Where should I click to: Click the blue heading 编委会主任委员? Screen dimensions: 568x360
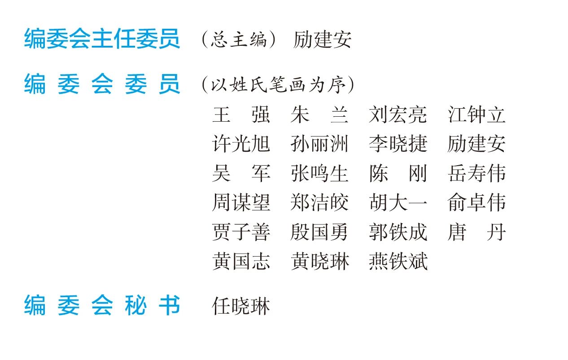[102, 39]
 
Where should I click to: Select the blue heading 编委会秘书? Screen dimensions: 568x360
[102, 306]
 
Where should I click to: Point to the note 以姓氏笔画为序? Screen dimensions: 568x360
[278, 84]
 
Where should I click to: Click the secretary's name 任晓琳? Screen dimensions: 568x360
[241, 306]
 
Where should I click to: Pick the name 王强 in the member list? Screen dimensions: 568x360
[241, 115]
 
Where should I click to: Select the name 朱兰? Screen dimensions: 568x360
[319, 115]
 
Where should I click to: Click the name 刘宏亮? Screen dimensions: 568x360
[398, 115]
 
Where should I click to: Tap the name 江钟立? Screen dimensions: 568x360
[476, 115]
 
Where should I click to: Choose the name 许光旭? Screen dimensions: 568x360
[241, 144]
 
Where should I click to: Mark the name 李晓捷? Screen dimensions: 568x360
[398, 144]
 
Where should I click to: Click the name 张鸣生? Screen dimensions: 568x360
[319, 174]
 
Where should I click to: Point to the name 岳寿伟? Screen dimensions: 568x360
[476, 174]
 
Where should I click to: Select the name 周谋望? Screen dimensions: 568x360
[241, 203]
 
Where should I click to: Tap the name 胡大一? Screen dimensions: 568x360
[398, 203]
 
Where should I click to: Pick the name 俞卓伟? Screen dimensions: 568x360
[476, 203]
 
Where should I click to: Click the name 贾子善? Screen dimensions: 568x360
[241, 233]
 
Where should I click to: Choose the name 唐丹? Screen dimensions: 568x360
[476, 233]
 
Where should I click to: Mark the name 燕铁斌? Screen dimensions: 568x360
[398, 262]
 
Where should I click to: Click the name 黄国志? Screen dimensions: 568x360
[241, 262]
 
